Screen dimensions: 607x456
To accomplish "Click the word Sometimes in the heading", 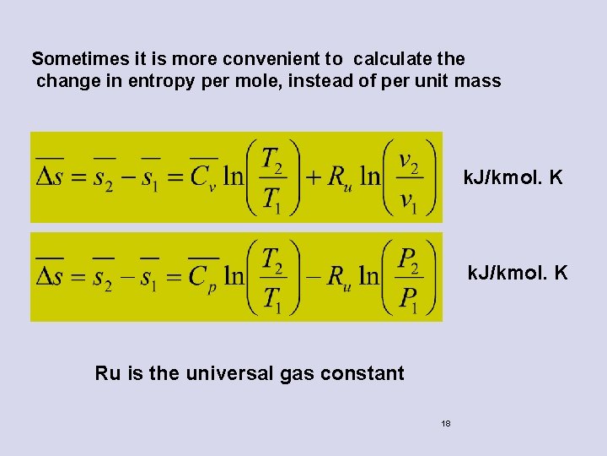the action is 73,59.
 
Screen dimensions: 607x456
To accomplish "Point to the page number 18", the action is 446,423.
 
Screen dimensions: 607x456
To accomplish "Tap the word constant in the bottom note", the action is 366,372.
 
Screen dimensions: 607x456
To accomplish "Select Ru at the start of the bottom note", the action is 107,372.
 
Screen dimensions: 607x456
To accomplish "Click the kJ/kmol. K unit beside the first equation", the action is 513,178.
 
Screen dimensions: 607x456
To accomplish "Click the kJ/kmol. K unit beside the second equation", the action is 518,273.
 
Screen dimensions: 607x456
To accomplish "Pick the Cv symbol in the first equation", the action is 201,179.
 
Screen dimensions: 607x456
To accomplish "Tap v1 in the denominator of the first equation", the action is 409,200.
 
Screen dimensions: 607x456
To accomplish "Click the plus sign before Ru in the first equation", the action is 312,177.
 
